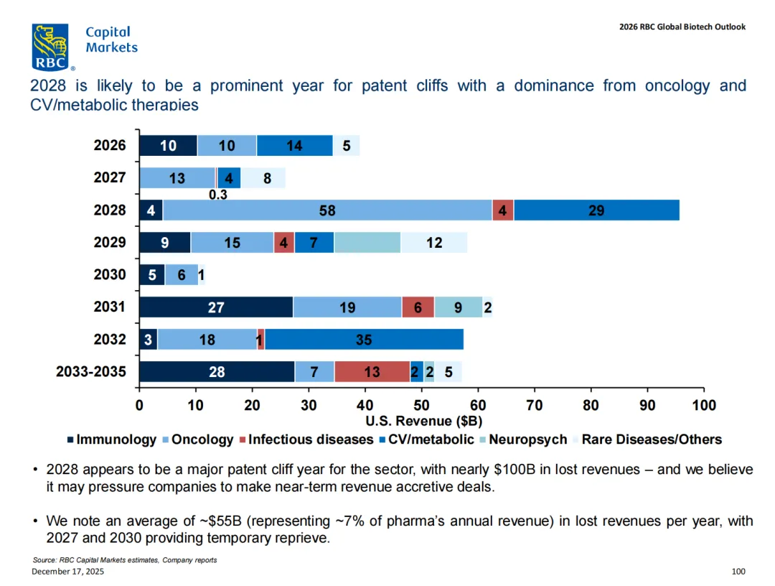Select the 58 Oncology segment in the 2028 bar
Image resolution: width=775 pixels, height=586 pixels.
pos(327,210)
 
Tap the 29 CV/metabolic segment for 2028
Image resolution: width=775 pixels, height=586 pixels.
pos(596,210)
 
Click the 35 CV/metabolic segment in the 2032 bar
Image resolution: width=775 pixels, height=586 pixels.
pos(364,340)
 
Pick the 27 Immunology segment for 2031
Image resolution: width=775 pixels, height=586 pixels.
pos(216,307)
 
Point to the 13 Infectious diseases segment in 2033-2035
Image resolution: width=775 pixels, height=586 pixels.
pos(372,372)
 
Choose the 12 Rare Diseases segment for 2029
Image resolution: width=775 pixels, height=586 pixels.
pos(433,243)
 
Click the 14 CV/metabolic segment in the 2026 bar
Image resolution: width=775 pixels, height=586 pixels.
pos(294,146)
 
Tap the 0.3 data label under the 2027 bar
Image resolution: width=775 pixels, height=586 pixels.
pos(219,195)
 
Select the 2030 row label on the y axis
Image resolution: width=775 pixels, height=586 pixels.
pos(110,274)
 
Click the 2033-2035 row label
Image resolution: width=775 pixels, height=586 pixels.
pos(91,372)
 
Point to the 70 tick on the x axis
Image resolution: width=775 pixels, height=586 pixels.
pos(534,406)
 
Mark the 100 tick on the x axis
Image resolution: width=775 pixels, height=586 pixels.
pos(704,406)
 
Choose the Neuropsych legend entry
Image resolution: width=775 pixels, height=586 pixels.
pos(527,439)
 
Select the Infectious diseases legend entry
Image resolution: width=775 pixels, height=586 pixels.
pos(310,439)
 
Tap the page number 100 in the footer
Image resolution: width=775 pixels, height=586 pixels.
pos(738,572)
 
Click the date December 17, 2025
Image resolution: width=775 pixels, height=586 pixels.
pos(61,571)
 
